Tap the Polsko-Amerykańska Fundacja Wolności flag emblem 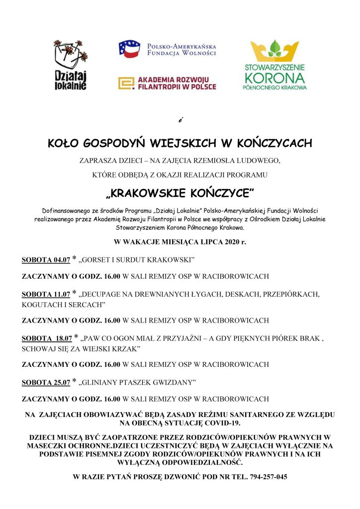click(129, 49)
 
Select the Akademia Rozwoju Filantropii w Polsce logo click(167, 83)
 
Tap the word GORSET click(99, 260)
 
